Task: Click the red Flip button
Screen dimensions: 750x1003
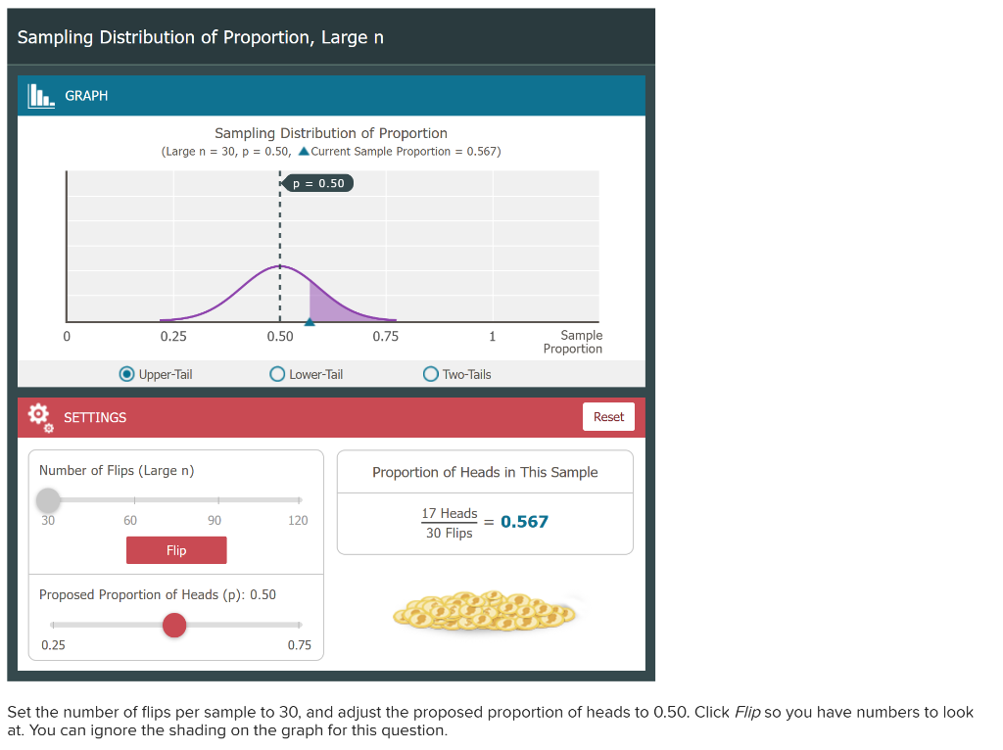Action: (176, 550)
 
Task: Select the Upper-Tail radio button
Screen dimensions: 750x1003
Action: (127, 374)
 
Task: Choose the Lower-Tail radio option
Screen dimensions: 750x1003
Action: (277, 374)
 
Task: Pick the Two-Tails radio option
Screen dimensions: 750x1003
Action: (431, 374)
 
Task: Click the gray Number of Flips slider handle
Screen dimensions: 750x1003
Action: (48, 500)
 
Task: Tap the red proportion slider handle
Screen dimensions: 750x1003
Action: (174, 625)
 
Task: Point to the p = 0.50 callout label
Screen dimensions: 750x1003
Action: (319, 183)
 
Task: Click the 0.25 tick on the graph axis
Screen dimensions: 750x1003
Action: (173, 336)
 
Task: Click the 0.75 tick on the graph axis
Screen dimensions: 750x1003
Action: (386, 336)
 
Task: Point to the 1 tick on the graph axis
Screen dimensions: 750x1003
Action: (492, 336)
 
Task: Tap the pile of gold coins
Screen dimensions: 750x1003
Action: (485, 611)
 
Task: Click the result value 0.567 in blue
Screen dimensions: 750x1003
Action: (524, 522)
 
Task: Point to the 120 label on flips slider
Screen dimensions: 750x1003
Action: (298, 520)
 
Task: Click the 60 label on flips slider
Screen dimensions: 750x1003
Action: (130, 520)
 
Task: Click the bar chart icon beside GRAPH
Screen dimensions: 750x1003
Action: (40, 95)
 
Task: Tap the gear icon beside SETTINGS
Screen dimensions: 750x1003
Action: (39, 416)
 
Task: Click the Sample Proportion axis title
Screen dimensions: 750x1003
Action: (573, 342)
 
